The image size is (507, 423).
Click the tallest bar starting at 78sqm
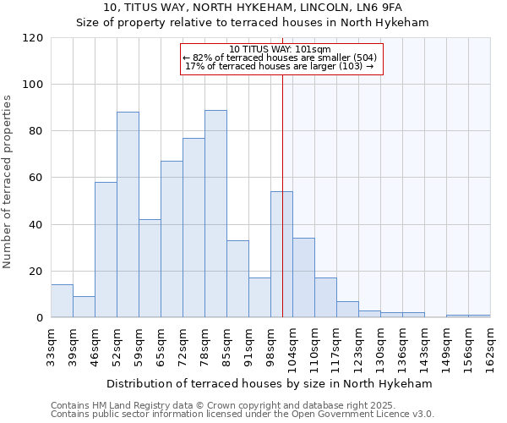click(x=215, y=214)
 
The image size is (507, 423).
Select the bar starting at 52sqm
click(x=128, y=215)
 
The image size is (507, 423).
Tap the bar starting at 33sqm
click(x=62, y=301)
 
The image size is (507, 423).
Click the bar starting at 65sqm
click(x=172, y=239)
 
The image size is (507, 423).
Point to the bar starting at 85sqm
click(x=237, y=279)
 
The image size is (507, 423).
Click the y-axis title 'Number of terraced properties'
click(x=8, y=182)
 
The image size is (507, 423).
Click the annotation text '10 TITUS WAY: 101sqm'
click(x=280, y=50)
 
